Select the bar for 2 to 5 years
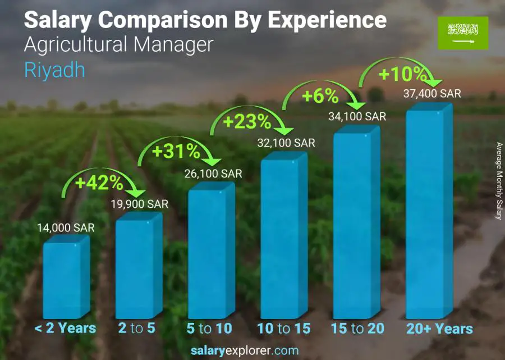click(137, 267)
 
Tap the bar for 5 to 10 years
click(210, 253)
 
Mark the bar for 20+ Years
click(428, 213)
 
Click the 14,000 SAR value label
click(66, 228)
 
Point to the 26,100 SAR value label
click(213, 174)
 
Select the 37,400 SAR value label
click(432, 94)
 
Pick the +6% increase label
click(320, 96)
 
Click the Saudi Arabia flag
click(462, 32)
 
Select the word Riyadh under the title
click(54, 70)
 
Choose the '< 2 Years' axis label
click(65, 329)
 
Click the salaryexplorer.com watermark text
click(244, 351)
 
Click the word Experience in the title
click(327, 21)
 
